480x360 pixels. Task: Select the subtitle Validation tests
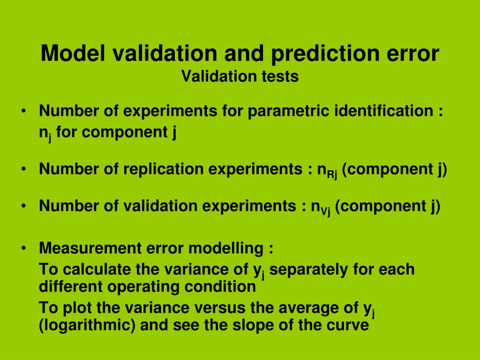pyautogui.click(x=240, y=76)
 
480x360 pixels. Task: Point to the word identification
pyautogui.click(x=384, y=111)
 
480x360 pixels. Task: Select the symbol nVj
pyautogui.click(x=321, y=207)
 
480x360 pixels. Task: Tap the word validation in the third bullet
pyautogui.click(x=159, y=205)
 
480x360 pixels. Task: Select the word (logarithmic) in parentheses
pyautogui.click(x=87, y=325)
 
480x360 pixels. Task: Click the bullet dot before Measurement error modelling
pyautogui.click(x=23, y=248)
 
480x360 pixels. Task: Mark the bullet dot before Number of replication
pyautogui.click(x=23, y=169)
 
